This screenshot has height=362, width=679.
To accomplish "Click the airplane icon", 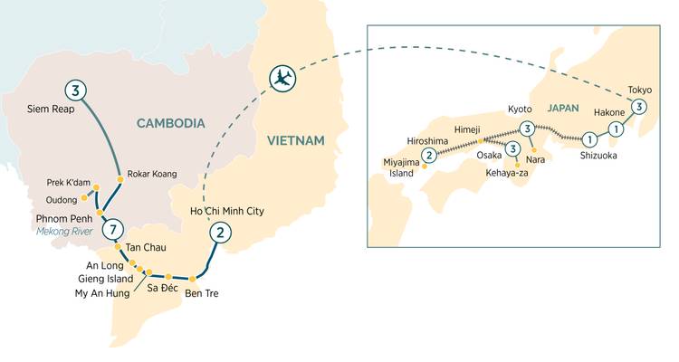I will point(283,78).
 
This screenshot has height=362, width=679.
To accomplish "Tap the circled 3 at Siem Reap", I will point(77,90).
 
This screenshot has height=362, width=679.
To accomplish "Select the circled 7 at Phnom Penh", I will point(111,230).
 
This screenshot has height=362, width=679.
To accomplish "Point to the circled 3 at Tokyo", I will point(639,107).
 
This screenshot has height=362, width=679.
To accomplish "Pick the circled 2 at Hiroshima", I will point(429,155).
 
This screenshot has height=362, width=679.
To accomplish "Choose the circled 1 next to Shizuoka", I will point(589,139).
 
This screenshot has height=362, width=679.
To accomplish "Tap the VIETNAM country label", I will point(296,139).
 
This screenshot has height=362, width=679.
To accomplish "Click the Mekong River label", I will point(68,231).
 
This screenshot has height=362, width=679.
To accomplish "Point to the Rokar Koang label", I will point(152,174).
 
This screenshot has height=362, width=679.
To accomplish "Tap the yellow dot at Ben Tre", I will point(192,279).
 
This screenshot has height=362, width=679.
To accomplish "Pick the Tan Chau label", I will point(145,248).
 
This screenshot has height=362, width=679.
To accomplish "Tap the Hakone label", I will point(610,113).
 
